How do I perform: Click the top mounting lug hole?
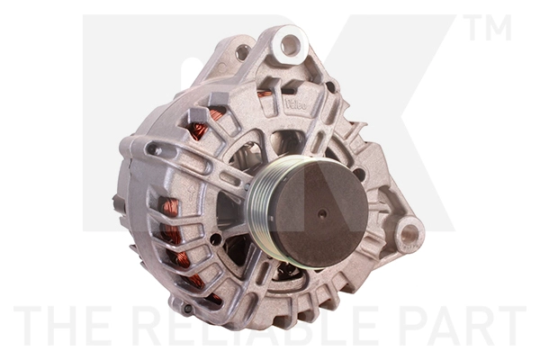289,42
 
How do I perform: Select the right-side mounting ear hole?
409,235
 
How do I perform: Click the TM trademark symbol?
489,29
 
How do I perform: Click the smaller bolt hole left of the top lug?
241,51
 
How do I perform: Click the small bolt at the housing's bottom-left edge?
187,306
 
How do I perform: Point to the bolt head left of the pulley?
216,238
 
